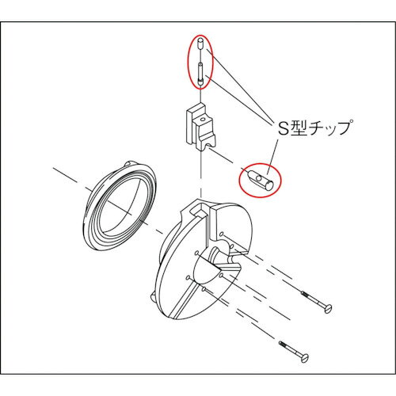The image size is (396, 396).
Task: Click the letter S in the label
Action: [283, 128]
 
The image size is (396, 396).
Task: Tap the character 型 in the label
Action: [299, 128]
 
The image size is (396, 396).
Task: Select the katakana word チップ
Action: [330, 128]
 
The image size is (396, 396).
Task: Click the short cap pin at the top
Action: [200, 44]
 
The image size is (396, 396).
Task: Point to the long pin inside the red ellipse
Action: [200, 74]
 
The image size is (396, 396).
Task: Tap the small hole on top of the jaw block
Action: [203, 120]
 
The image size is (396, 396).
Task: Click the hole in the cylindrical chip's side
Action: [260, 179]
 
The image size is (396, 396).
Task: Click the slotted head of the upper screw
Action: [328, 308]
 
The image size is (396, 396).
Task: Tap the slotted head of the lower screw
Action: [305, 358]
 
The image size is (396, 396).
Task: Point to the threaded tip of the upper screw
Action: [304, 294]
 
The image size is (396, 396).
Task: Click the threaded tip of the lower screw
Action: [282, 344]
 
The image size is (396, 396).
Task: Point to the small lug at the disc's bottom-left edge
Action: [153, 297]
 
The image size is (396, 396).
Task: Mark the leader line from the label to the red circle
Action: [272, 157]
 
